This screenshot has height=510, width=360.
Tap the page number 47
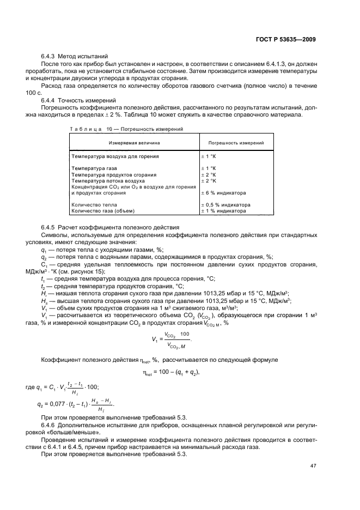[312, 466]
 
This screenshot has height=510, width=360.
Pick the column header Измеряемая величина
[134, 143]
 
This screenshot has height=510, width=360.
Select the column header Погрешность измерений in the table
[236, 143]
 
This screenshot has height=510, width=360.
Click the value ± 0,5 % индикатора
[226, 205]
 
